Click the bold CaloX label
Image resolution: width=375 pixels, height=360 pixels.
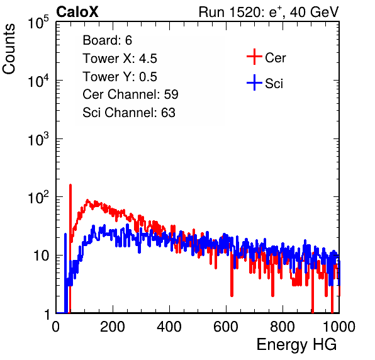click(x=77, y=12)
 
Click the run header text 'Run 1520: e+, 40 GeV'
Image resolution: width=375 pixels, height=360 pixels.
click(x=269, y=12)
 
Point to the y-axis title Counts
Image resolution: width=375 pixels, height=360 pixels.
click(x=9, y=49)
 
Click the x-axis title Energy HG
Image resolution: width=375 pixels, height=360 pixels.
click(x=296, y=345)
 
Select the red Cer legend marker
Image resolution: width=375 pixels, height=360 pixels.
click(x=254, y=57)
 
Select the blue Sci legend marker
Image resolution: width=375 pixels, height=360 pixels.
click(x=254, y=83)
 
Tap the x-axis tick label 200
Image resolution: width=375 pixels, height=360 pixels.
click(x=113, y=327)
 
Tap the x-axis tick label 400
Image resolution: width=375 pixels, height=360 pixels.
click(x=169, y=327)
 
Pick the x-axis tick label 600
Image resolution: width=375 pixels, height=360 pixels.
click(x=226, y=327)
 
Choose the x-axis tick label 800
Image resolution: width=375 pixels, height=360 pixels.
click(x=283, y=327)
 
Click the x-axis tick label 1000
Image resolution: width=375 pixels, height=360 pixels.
click(x=339, y=327)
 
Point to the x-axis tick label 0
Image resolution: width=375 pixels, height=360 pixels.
click(x=55, y=327)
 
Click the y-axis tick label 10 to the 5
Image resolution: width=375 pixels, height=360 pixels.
click(x=38, y=22)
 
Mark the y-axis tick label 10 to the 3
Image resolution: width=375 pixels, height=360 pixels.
click(x=38, y=139)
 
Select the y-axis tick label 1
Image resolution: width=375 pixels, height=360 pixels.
click(x=47, y=315)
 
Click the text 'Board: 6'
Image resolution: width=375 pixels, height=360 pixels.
click(x=107, y=40)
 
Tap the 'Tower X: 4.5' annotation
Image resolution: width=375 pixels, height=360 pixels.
click(x=120, y=59)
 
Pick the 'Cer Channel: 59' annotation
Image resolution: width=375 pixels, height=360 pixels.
click(x=130, y=94)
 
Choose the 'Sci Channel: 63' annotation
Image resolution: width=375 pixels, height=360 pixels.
click(x=129, y=113)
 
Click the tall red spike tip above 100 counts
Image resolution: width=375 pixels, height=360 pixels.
click(x=70, y=184)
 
